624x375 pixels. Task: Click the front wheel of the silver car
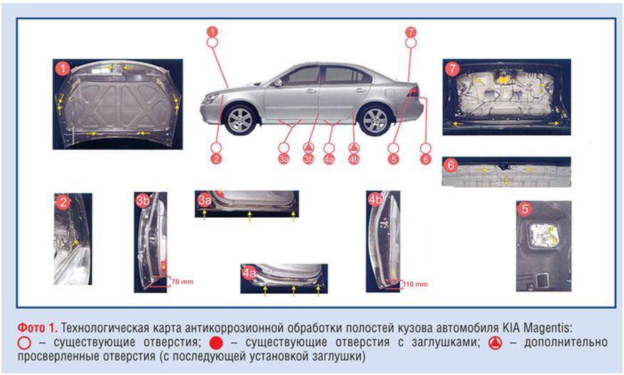[239, 120]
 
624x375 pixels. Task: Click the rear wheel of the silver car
[374, 120]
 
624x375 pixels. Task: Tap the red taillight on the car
[413, 92]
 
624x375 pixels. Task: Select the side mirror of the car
[278, 83]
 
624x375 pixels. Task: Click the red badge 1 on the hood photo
[63, 69]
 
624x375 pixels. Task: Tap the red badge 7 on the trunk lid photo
[452, 69]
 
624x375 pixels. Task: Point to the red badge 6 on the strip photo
[451, 165]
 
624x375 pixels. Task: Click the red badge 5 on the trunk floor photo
[525, 208]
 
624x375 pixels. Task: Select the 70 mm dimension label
[182, 282]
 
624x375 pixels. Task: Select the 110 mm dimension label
[415, 284]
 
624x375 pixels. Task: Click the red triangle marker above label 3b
[308, 148]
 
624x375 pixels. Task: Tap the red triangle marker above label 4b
[354, 148]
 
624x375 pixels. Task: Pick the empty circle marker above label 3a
[284, 148]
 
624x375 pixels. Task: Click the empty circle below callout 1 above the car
[212, 42]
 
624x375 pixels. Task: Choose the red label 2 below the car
[216, 159]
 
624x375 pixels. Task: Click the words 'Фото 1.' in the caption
[37, 328]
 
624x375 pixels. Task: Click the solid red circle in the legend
[216, 342]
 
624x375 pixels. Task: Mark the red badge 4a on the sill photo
[249, 273]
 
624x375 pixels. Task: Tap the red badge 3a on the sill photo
[204, 200]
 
